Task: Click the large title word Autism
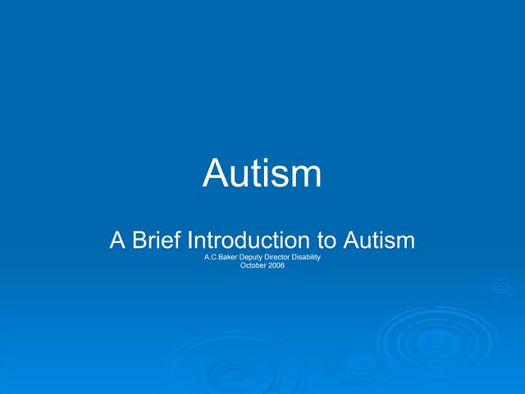click(262, 173)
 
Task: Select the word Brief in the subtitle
click(157, 241)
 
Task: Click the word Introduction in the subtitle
click(249, 241)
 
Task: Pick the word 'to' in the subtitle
click(326, 241)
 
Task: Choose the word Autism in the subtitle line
click(378, 241)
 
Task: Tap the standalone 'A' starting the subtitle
click(118, 241)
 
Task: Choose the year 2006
click(276, 267)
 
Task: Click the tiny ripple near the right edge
click(500, 286)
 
